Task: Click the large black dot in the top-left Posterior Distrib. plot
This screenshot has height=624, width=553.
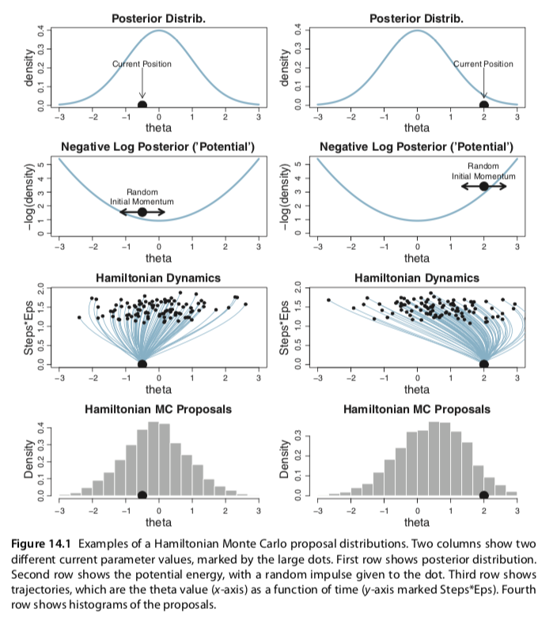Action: click(142, 104)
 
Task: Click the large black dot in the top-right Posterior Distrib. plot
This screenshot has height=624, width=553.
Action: click(483, 104)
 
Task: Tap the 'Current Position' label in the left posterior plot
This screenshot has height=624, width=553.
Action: click(142, 64)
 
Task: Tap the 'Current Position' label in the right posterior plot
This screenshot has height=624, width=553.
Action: click(483, 64)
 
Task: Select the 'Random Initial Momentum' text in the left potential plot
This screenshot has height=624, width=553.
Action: click(142, 197)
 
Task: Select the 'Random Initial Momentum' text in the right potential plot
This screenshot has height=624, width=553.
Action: click(483, 171)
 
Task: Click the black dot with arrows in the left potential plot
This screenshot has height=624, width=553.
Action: click(142, 212)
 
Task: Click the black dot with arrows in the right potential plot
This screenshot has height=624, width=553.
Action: click(483, 186)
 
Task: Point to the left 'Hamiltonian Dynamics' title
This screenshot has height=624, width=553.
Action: click(158, 278)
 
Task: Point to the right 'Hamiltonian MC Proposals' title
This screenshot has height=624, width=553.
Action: click(417, 410)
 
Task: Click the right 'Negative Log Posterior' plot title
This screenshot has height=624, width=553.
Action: click(417, 147)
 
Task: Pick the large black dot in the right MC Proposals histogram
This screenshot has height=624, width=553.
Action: click(483, 495)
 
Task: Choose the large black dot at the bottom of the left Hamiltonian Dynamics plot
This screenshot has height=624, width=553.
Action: click(142, 364)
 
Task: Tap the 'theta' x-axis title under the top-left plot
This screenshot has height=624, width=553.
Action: click(158, 128)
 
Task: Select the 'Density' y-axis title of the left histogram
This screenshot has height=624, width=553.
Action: click(29, 460)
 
